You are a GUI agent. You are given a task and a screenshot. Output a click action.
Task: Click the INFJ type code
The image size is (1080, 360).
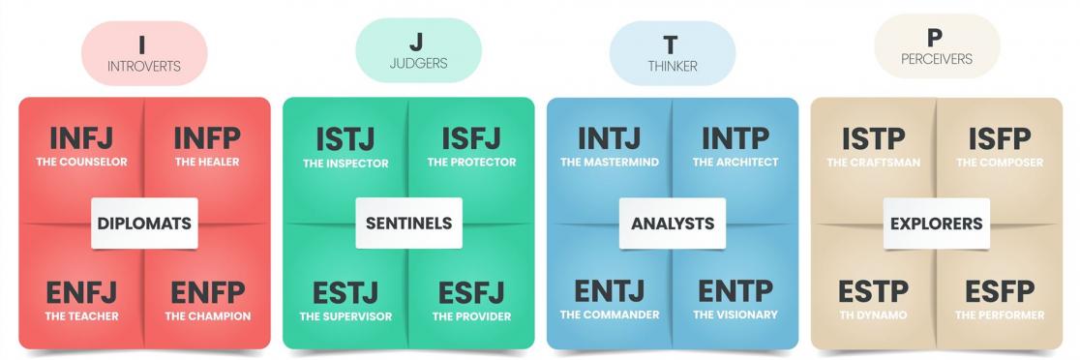tap(81, 139)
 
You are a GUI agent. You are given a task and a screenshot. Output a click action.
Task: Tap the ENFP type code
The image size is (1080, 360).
tap(207, 291)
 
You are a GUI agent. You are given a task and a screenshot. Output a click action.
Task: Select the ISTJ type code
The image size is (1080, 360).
tap(345, 139)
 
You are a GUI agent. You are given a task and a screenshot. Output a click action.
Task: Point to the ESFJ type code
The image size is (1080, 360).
tap(471, 291)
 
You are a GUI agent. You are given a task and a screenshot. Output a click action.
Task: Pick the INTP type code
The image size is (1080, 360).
tap(735, 139)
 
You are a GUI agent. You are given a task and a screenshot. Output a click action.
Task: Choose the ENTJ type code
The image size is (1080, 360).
tap(609, 291)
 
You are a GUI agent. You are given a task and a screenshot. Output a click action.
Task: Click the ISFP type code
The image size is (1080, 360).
tap(1000, 139)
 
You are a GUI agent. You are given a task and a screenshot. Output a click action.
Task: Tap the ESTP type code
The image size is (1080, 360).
tap(873, 291)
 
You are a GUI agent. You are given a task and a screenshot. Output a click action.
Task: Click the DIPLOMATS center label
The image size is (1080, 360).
tap(144, 224)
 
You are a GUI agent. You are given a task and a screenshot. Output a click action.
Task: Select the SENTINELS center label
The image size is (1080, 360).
tap(408, 224)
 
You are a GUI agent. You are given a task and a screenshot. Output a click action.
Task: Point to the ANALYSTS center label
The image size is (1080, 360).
tap(673, 224)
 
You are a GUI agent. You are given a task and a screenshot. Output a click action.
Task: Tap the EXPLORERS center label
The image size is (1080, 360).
tap(937, 224)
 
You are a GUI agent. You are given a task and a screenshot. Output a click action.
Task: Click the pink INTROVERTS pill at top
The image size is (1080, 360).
tap(144, 53)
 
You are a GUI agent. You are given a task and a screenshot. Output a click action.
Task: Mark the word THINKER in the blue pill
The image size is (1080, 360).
tap(672, 67)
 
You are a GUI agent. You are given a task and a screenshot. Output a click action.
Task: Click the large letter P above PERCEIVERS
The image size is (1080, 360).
tap(934, 39)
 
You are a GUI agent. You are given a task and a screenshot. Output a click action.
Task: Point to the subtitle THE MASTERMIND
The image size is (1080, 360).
tap(609, 163)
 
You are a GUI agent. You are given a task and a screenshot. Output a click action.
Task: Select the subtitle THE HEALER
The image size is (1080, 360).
tap(207, 163)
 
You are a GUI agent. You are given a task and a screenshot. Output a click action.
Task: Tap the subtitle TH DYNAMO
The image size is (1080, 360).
tap(873, 315)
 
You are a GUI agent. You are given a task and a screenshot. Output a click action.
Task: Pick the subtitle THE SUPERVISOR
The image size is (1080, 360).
tap(345, 316)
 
